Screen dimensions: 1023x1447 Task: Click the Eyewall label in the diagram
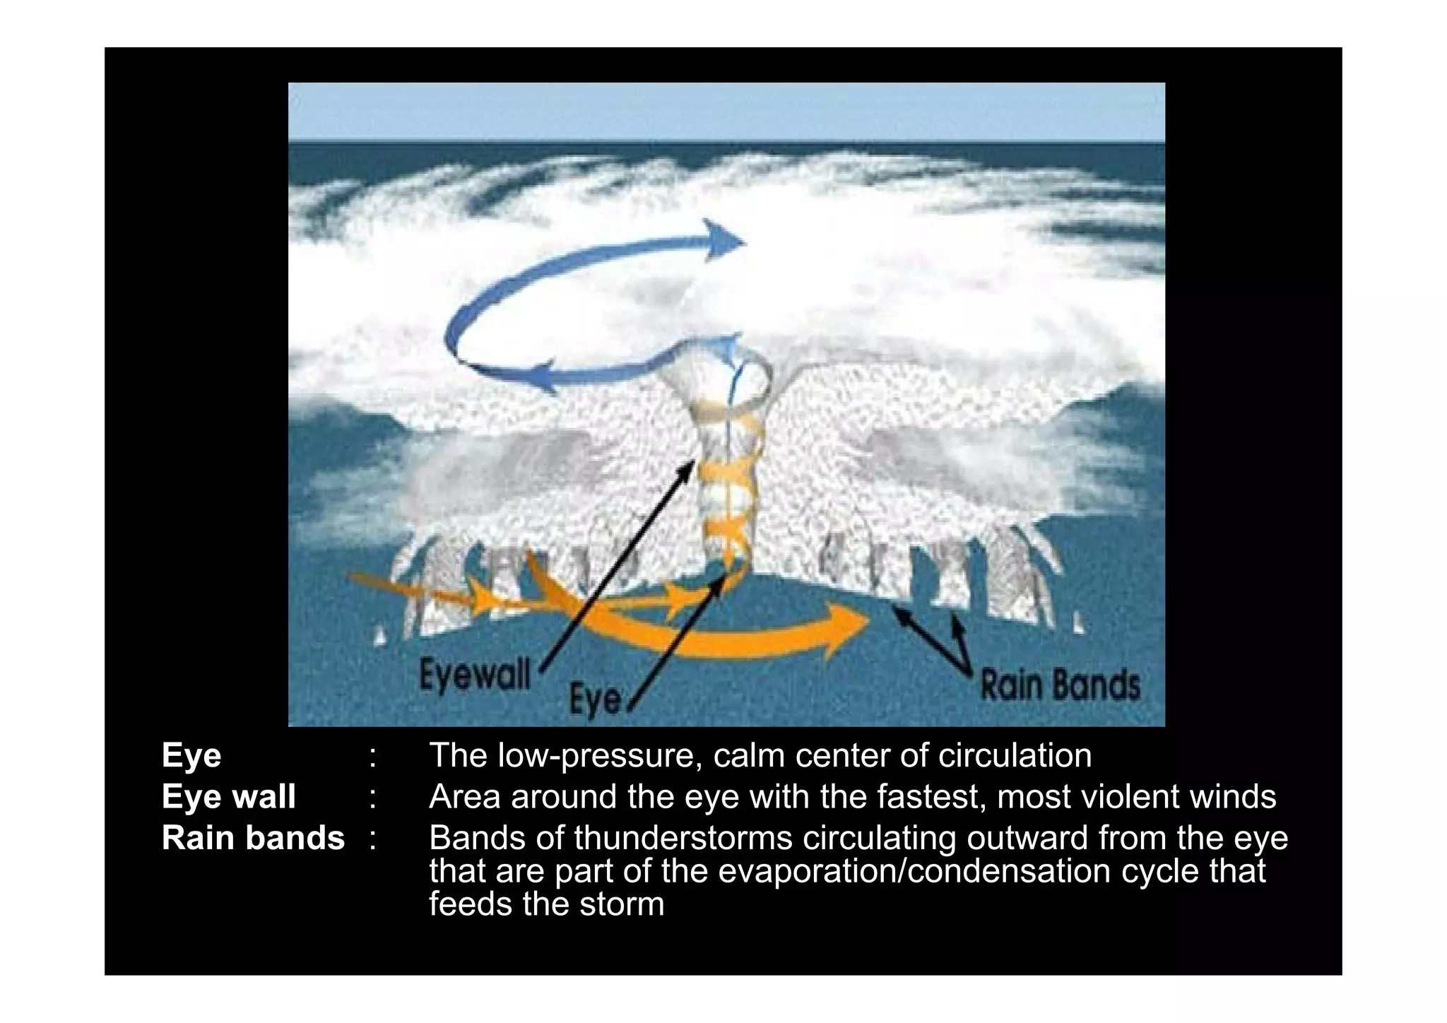[x=474, y=675]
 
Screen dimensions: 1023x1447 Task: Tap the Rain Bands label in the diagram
[x=1060, y=685]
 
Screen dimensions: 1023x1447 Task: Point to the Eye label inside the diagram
[x=596, y=699]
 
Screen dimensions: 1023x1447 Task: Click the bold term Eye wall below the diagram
[x=228, y=797]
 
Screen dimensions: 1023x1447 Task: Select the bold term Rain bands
[x=253, y=838]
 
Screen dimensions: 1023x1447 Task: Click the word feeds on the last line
[x=469, y=904]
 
